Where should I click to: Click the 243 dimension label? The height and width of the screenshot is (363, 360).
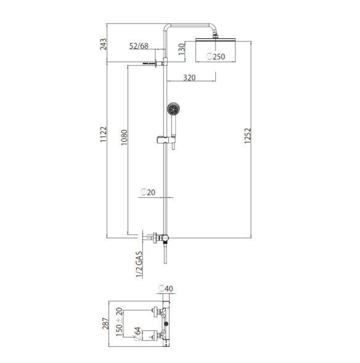(104, 44)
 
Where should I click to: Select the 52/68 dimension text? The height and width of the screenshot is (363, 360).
(139, 46)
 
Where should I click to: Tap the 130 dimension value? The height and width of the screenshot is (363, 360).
(182, 49)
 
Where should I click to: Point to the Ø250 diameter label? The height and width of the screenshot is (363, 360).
(216, 57)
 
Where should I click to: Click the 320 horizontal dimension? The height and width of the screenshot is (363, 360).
(189, 78)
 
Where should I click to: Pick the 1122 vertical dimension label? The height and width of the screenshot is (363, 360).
(104, 134)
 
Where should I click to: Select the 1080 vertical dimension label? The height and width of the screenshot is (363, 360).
(124, 137)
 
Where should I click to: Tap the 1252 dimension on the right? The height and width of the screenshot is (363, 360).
(247, 136)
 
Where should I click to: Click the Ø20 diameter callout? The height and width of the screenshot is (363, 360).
(148, 192)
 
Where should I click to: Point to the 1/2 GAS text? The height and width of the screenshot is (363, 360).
(139, 264)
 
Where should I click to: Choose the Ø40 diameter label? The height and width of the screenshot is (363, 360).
(166, 288)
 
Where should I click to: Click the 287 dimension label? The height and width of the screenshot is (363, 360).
(105, 324)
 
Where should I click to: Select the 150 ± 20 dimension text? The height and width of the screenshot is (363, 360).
(119, 322)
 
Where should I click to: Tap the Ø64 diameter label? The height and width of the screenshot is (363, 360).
(137, 333)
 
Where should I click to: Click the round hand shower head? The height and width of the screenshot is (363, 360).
(173, 109)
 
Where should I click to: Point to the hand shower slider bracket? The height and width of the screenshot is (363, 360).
(166, 140)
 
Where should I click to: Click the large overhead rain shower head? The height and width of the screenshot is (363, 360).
(215, 40)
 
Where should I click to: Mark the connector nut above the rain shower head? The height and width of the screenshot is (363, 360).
(215, 36)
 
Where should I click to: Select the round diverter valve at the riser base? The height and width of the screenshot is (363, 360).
(165, 238)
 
